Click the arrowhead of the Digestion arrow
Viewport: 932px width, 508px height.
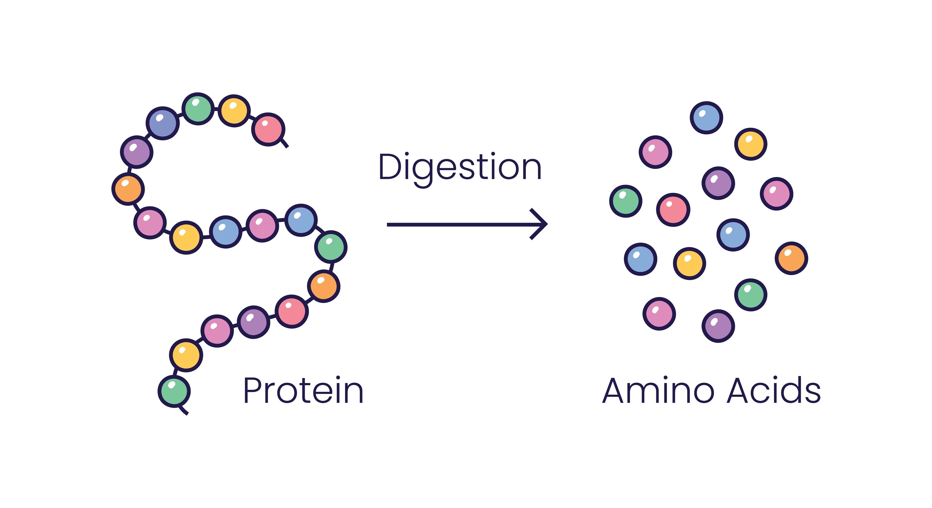541,224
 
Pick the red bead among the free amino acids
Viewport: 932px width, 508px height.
673,210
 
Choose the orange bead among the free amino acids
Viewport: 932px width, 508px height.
791,258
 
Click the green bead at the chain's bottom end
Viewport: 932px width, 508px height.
174,391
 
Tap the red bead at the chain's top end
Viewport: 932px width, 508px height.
268,129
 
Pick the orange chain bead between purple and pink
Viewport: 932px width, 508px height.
128,189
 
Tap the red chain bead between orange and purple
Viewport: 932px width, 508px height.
292,311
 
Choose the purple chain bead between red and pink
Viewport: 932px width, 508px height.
254,322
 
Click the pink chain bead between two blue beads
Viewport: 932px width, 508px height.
262,226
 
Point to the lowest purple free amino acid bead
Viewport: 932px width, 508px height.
718,326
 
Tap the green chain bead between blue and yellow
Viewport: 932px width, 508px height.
198,109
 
